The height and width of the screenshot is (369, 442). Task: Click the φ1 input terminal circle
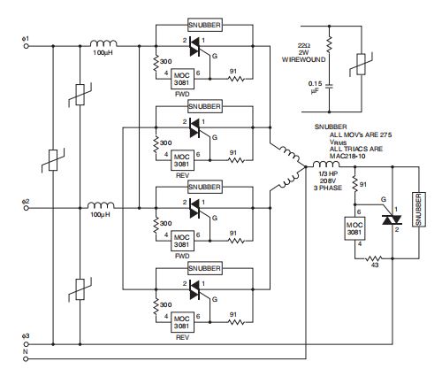click(26, 46)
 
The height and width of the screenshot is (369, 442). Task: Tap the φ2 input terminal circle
click(26, 208)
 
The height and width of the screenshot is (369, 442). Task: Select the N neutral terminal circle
click(26, 359)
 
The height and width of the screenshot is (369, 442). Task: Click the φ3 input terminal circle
click(26, 344)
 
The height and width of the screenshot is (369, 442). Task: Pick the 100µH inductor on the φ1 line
click(103, 43)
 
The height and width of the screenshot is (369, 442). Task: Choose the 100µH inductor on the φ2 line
click(101, 205)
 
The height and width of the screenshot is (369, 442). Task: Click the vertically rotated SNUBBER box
click(419, 210)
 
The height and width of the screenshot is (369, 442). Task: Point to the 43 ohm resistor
click(374, 258)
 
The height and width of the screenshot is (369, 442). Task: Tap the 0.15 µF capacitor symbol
click(330, 86)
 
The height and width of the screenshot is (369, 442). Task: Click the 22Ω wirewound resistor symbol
click(330, 44)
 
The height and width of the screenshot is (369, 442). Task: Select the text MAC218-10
click(347, 156)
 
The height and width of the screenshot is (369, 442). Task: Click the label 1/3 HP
click(328, 173)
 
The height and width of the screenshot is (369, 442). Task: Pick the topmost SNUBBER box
click(205, 25)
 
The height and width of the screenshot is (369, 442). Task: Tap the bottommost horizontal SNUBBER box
click(205, 268)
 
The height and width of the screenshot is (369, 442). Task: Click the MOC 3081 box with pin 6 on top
click(354, 228)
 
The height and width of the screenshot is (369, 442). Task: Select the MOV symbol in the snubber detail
click(362, 65)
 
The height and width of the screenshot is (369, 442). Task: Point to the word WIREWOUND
click(304, 59)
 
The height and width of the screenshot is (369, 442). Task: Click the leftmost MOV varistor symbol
click(53, 160)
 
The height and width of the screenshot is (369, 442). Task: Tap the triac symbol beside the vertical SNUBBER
click(392, 219)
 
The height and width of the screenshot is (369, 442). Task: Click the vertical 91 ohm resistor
click(354, 185)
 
